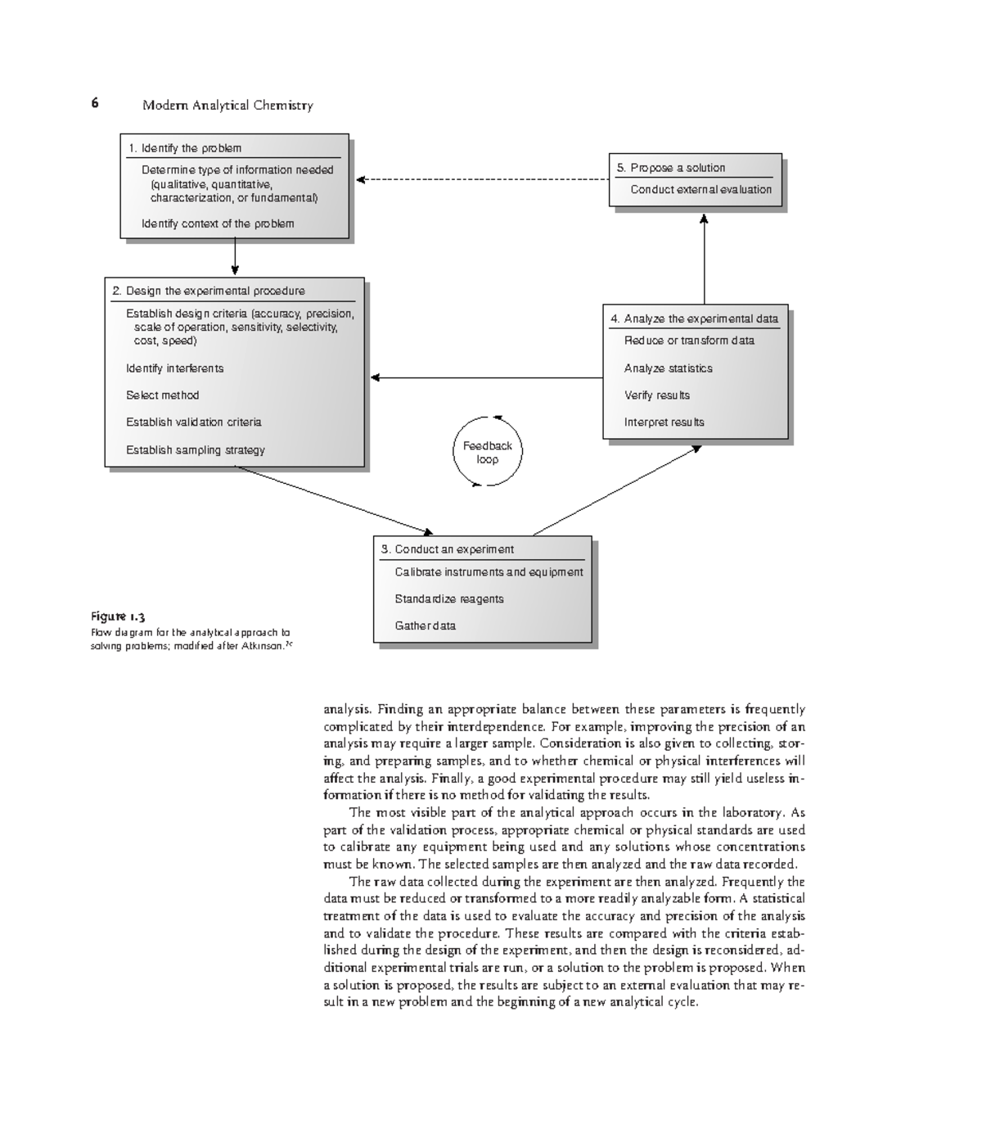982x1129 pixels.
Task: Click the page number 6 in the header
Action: coord(95,103)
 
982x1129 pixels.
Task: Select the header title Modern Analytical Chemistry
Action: coord(227,105)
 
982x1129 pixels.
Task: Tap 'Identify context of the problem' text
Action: coord(218,224)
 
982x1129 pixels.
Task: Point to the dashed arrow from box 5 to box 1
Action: coord(483,179)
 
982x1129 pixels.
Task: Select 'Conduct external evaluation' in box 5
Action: coord(700,189)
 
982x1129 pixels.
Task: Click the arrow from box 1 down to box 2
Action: coord(235,257)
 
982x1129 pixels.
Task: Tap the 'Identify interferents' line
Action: coord(174,368)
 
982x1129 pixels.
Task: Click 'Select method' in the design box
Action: coord(162,395)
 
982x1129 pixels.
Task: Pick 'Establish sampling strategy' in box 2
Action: coord(195,450)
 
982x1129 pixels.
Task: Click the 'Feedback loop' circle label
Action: coord(487,452)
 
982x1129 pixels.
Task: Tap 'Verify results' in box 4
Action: coord(656,395)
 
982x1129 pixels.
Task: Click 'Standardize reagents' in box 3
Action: coord(448,599)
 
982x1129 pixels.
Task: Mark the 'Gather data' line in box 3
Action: coord(425,625)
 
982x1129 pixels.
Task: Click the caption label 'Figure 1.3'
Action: coord(118,616)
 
